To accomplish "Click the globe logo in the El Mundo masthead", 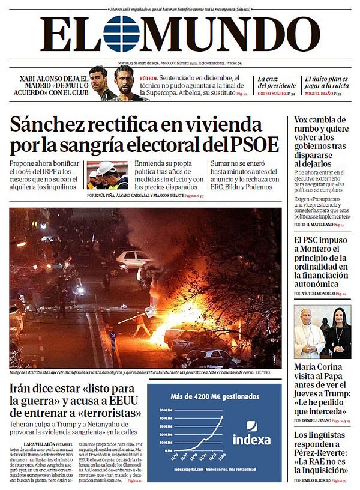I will click(122, 34).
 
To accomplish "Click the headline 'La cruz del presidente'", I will click(276, 82).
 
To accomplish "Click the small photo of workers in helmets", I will click(107, 175).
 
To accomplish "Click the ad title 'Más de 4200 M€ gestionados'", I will click(214, 396).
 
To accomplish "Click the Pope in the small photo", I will click(307, 334).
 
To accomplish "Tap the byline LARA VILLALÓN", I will click(41, 444).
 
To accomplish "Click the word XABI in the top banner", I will click(31, 78).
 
